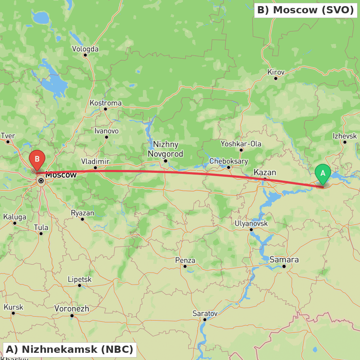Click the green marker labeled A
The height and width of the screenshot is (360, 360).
323,174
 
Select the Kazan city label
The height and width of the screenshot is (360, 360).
265,172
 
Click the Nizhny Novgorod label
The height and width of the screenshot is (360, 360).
165,149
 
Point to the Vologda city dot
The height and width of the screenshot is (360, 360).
85,55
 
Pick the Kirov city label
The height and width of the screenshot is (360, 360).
276,72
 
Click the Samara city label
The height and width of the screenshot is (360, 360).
284,260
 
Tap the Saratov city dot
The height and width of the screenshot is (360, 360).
204,320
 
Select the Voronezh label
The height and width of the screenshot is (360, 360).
72,309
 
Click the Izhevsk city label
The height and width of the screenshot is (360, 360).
345,136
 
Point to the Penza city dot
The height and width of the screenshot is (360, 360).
185,266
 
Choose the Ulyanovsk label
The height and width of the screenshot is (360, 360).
251,224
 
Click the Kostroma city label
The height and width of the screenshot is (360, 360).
105,103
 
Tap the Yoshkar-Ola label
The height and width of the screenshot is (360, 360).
241,144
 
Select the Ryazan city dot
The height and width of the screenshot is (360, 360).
82,219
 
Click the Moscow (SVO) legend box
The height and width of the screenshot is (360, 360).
306,10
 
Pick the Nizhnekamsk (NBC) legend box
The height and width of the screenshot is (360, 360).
69,349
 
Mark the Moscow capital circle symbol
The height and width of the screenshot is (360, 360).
41,181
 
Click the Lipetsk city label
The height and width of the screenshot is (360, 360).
80,279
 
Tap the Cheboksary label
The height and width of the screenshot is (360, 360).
229,161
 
